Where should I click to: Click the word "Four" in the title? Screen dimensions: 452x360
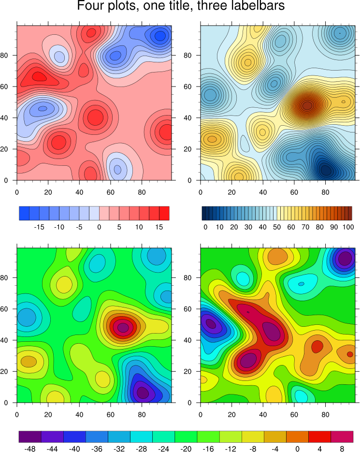(x=91, y=7)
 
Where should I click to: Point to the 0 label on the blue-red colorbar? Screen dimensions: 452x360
(x=99, y=227)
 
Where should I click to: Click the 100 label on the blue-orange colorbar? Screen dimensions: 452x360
(x=347, y=227)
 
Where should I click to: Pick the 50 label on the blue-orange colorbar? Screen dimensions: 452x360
(x=276, y=227)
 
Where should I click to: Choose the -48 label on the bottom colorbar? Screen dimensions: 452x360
(x=30, y=449)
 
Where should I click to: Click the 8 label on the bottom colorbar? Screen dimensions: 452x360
(x=342, y=449)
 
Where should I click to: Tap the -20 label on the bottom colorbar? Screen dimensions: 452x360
(x=186, y=449)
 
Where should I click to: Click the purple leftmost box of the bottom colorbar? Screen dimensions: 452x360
(x=30, y=437)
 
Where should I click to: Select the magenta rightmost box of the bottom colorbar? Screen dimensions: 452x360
(x=342, y=437)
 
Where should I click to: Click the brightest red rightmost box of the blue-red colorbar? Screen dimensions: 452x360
(x=164, y=213)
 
